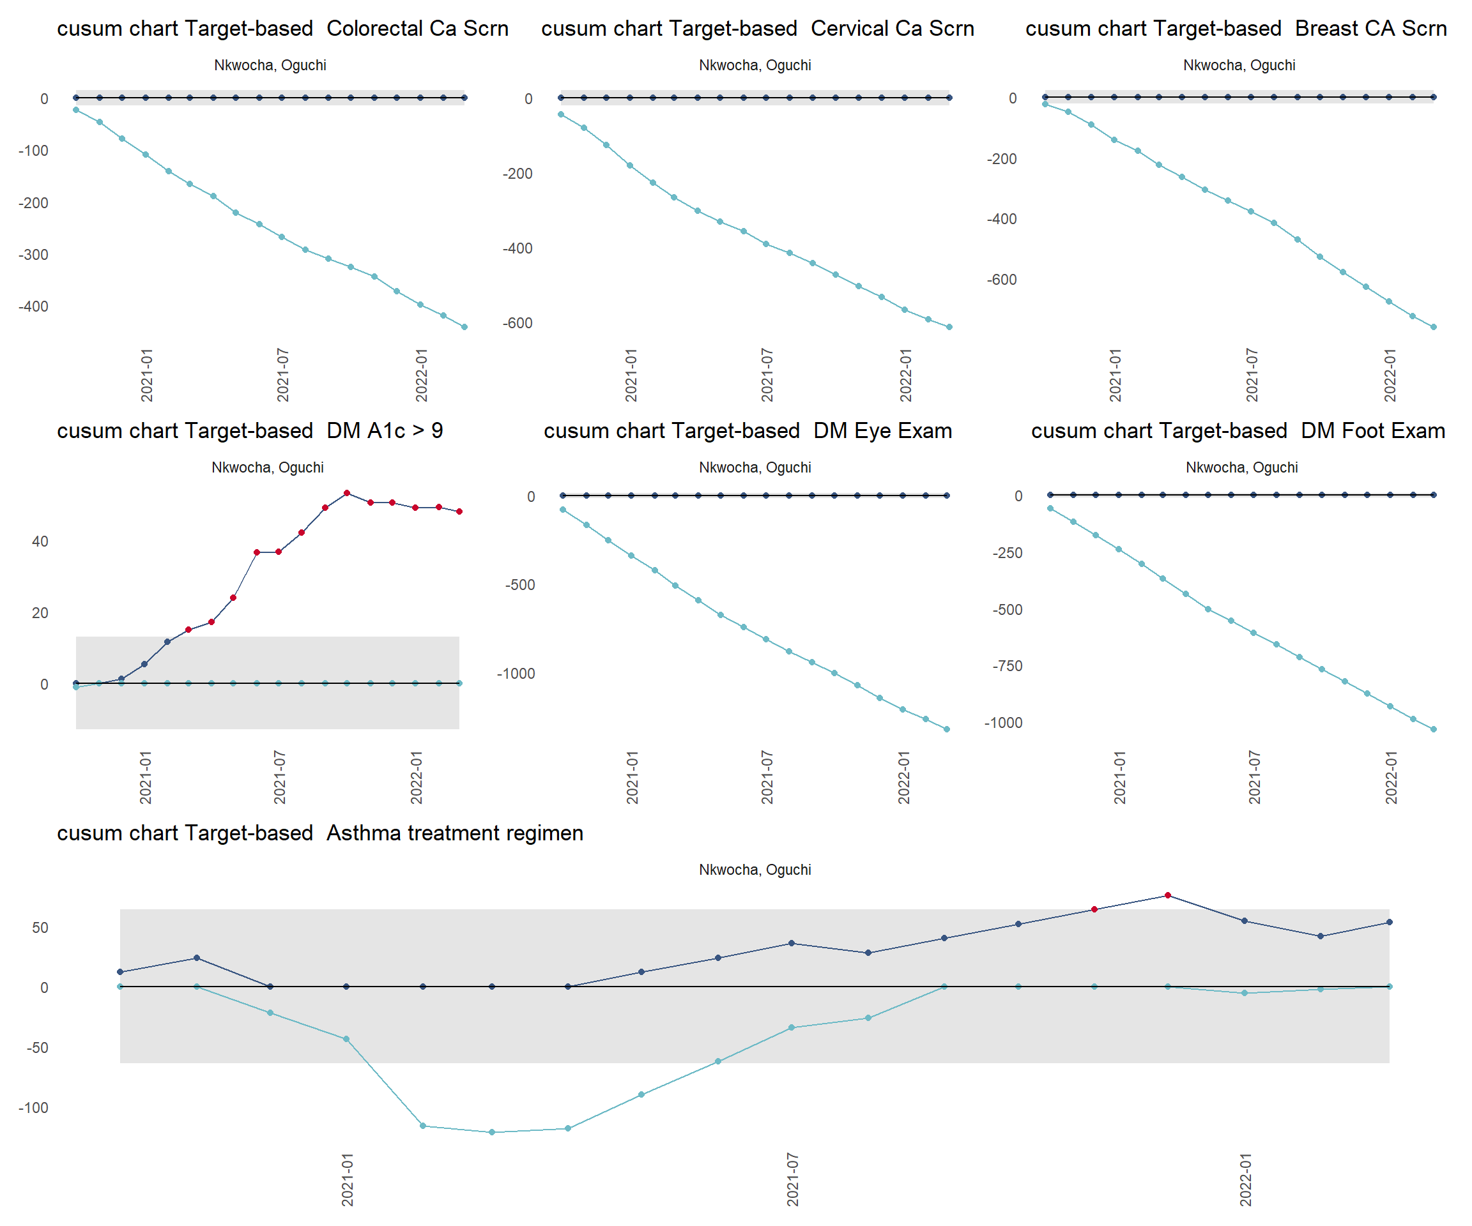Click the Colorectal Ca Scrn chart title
[x=282, y=29]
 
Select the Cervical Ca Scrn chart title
[x=758, y=29]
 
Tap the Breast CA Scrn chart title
[x=1236, y=29]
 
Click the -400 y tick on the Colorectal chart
[x=34, y=307]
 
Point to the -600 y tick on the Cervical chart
[x=517, y=324]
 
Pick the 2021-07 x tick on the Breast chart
[x=1252, y=375]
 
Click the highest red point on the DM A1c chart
[x=347, y=493]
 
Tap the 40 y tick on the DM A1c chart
[x=40, y=541]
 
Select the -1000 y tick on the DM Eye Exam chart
[x=516, y=674]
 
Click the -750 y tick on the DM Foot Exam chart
[x=1008, y=666]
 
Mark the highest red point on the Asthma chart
[x=1168, y=895]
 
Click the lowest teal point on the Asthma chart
[x=492, y=1132]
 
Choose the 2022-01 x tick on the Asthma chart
[x=1245, y=1180]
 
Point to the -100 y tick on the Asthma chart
[x=34, y=1109]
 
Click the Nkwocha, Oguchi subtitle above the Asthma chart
[x=755, y=870]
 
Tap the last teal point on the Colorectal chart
[x=464, y=327]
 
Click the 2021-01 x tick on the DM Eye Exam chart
[x=632, y=778]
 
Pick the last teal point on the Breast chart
[x=1434, y=327]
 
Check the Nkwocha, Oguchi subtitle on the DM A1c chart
[x=268, y=468]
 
